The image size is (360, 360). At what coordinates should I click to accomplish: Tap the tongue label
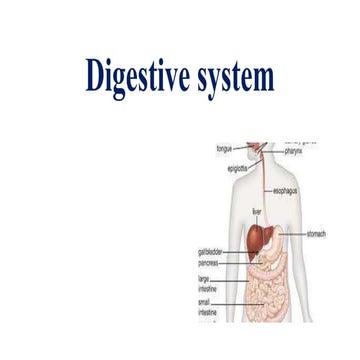pos(226,149)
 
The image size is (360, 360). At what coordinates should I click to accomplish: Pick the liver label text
pos(257,212)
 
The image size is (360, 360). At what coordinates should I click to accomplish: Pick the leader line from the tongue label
pos(246,149)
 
